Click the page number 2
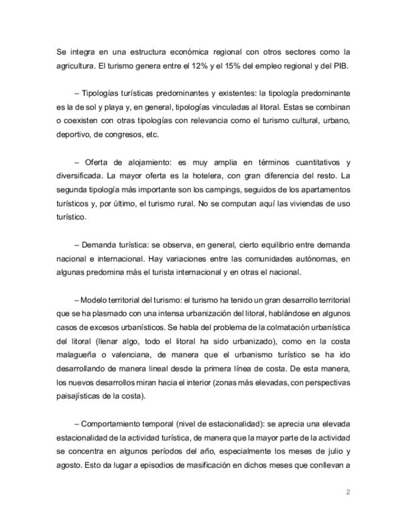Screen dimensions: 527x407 click(348, 493)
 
